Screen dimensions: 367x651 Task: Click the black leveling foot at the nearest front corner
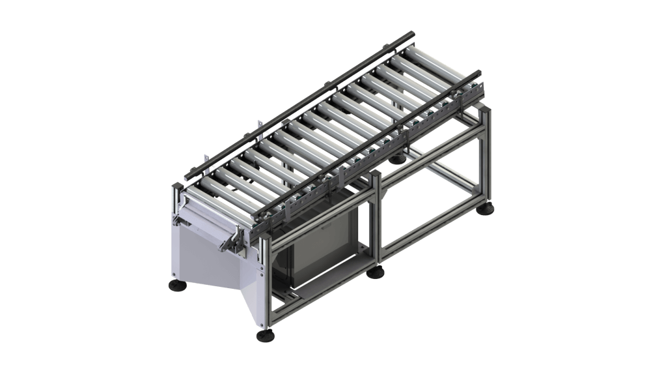tap(266, 335)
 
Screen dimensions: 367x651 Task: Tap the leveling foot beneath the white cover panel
tap(176, 285)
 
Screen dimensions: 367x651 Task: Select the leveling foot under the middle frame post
tap(375, 272)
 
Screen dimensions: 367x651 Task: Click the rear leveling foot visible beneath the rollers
tap(397, 158)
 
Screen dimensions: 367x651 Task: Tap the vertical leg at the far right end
tap(484, 156)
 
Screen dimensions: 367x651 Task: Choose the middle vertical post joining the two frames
tap(375, 222)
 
